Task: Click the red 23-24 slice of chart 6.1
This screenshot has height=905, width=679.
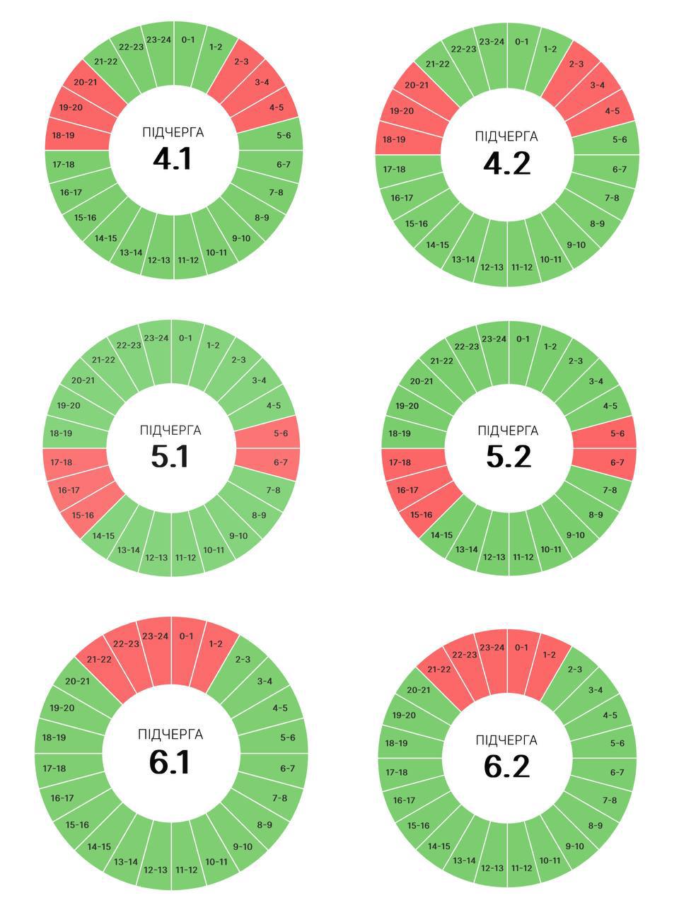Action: coord(156,637)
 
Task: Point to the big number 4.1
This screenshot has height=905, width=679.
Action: coord(173,158)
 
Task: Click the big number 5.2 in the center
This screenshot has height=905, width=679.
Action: coord(509,457)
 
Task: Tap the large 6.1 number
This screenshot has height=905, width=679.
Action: coord(170,761)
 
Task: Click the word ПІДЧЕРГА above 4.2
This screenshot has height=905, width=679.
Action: coord(506,136)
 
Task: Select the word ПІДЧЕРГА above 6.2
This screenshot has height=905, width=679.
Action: coord(506,740)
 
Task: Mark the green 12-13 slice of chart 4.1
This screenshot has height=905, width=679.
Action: coord(158,259)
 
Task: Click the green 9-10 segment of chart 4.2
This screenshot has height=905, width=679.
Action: coord(576,245)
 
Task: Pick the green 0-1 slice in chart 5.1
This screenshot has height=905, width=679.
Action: coord(185,339)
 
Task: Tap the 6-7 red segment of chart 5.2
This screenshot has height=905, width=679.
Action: coord(617,462)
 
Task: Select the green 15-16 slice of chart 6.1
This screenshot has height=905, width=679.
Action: coord(77,825)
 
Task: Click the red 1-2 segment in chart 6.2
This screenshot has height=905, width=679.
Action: coord(549,655)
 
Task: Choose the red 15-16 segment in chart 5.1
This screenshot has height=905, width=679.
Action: coord(83,515)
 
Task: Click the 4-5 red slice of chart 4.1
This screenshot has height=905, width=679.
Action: coord(275,107)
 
